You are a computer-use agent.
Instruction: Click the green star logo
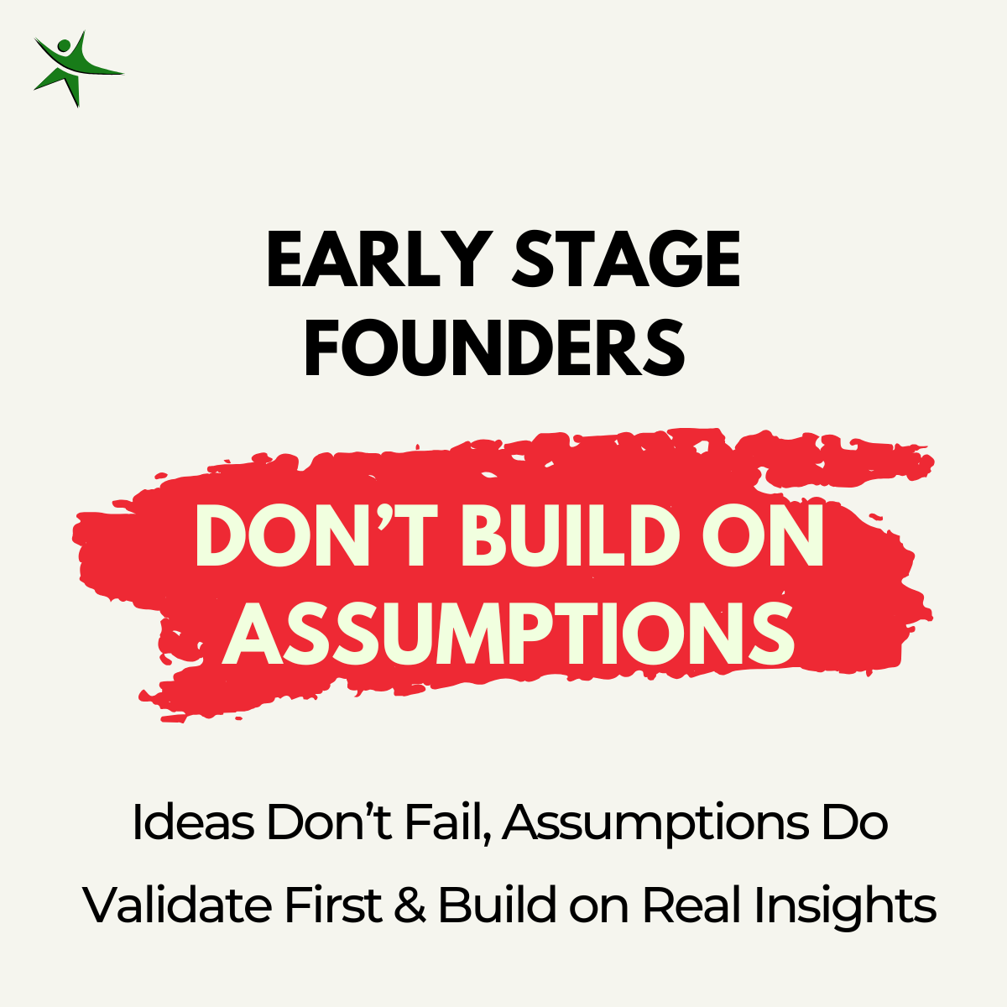pos(78,69)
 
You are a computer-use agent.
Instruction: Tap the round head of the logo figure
pos(64,46)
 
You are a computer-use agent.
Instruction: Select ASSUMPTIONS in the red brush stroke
pos(508,634)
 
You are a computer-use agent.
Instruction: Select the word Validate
pos(177,905)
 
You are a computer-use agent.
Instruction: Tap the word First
pos(333,905)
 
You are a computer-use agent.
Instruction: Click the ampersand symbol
pos(410,905)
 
